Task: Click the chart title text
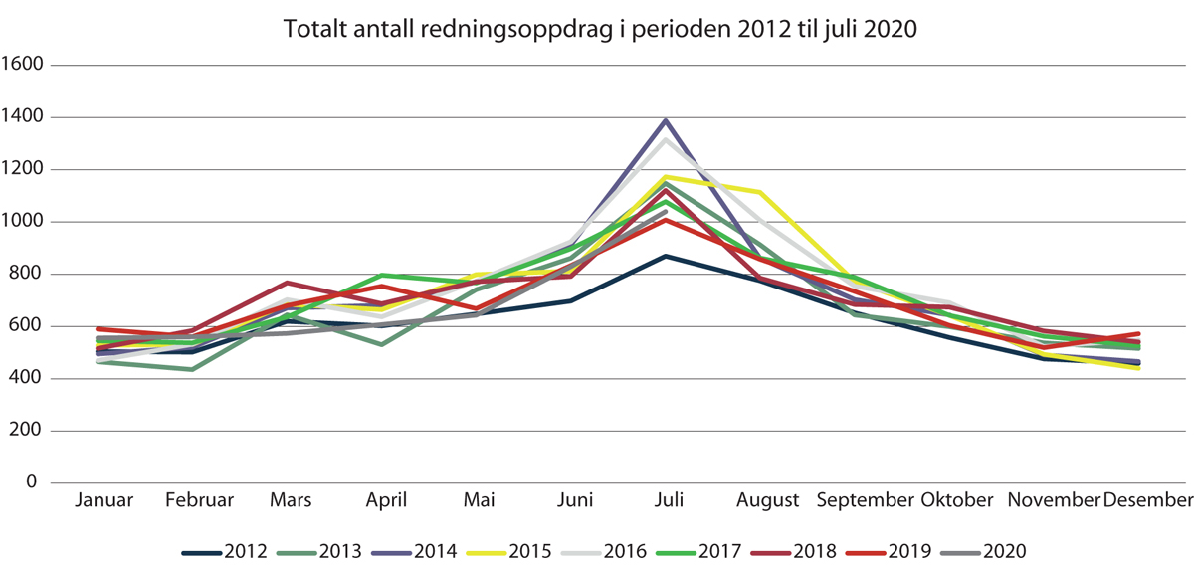[x=599, y=29]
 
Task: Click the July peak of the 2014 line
[x=666, y=120]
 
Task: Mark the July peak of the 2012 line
[x=666, y=256]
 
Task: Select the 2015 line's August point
[x=761, y=192]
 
